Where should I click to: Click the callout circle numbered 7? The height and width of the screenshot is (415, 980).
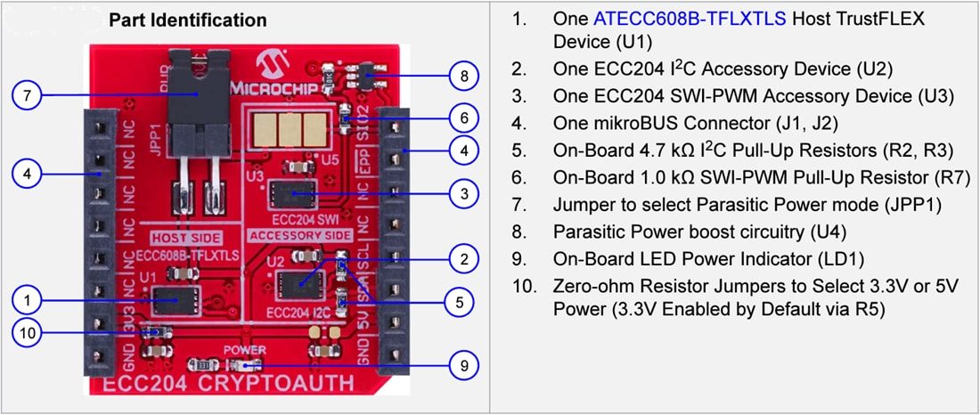coord(28,96)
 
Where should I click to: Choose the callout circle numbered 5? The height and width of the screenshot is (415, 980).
coord(459,302)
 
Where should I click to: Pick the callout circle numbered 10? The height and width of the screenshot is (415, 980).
coord(28,333)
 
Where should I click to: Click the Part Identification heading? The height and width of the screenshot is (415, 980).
coord(187,20)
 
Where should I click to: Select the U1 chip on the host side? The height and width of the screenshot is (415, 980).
coord(175,301)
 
